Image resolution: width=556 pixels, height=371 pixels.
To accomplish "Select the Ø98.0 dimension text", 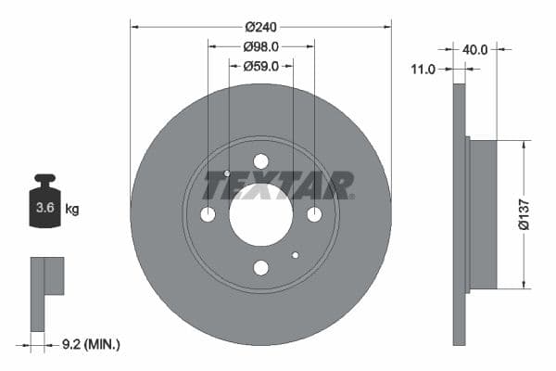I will tap(260, 45).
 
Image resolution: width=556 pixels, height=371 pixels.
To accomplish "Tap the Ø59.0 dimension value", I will tap(260, 66).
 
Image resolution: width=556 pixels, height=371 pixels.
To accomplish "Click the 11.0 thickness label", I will tap(425, 68).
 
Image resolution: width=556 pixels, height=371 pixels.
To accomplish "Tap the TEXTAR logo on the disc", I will tap(278, 185).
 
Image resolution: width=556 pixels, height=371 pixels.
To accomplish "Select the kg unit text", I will tap(72, 210).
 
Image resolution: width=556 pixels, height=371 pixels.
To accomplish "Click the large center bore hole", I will tap(260, 214).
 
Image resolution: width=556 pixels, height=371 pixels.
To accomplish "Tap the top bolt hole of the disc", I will tap(260, 161).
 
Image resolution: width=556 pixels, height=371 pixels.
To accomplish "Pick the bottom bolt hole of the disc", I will tap(260, 268).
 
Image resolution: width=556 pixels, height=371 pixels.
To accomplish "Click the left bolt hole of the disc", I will tap(208, 214).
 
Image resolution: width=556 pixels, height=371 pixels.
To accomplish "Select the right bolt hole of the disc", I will tap(314, 214).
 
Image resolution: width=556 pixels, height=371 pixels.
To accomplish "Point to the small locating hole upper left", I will tap(227, 173).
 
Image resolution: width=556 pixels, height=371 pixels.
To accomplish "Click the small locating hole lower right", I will tap(296, 255).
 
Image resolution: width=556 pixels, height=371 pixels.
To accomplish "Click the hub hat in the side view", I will tap(483, 213).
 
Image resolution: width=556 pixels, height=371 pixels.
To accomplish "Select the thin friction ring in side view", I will tap(459, 213).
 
